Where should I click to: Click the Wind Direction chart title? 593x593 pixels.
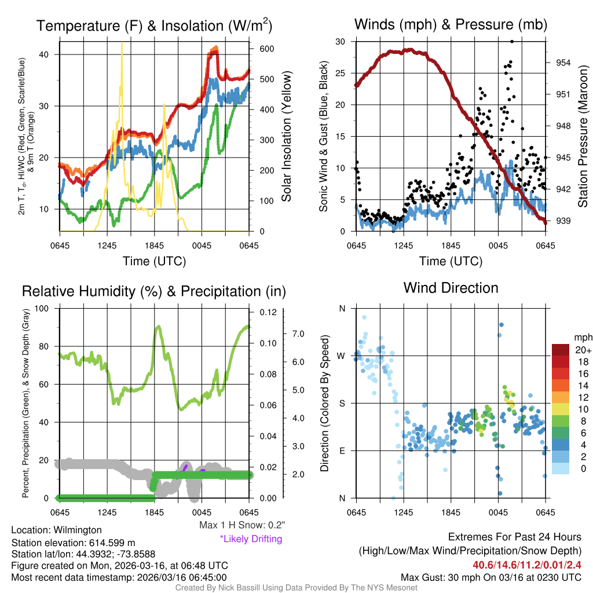(451, 288)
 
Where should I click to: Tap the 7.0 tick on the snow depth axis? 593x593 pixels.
(298, 334)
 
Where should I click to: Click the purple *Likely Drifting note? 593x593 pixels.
(251, 539)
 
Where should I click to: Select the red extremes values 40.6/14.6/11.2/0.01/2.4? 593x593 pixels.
(527, 565)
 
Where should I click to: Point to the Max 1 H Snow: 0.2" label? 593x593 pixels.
(241, 525)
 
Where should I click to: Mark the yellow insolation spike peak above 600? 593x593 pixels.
(122, 43)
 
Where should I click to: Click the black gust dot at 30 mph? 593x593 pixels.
(512, 42)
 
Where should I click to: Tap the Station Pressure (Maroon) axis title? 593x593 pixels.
(583, 137)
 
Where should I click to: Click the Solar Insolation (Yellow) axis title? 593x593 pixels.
(286, 137)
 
